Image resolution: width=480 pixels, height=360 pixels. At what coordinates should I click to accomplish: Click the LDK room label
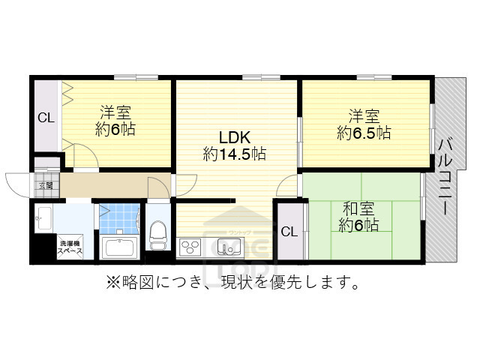(234, 137)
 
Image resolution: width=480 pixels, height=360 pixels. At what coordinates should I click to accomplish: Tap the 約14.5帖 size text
(234, 154)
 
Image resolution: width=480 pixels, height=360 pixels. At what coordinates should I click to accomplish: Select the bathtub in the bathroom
(117, 247)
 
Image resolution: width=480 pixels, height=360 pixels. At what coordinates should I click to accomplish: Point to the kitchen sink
(225, 245)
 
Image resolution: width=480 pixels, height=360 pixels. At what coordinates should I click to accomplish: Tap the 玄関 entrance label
(44, 184)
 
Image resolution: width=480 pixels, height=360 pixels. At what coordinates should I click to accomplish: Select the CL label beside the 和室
(289, 231)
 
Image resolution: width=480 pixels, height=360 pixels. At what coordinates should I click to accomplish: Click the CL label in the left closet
(46, 118)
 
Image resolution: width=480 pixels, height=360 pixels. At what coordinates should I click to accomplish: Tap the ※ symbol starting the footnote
(112, 283)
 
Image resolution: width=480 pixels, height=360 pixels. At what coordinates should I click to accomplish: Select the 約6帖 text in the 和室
(358, 225)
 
